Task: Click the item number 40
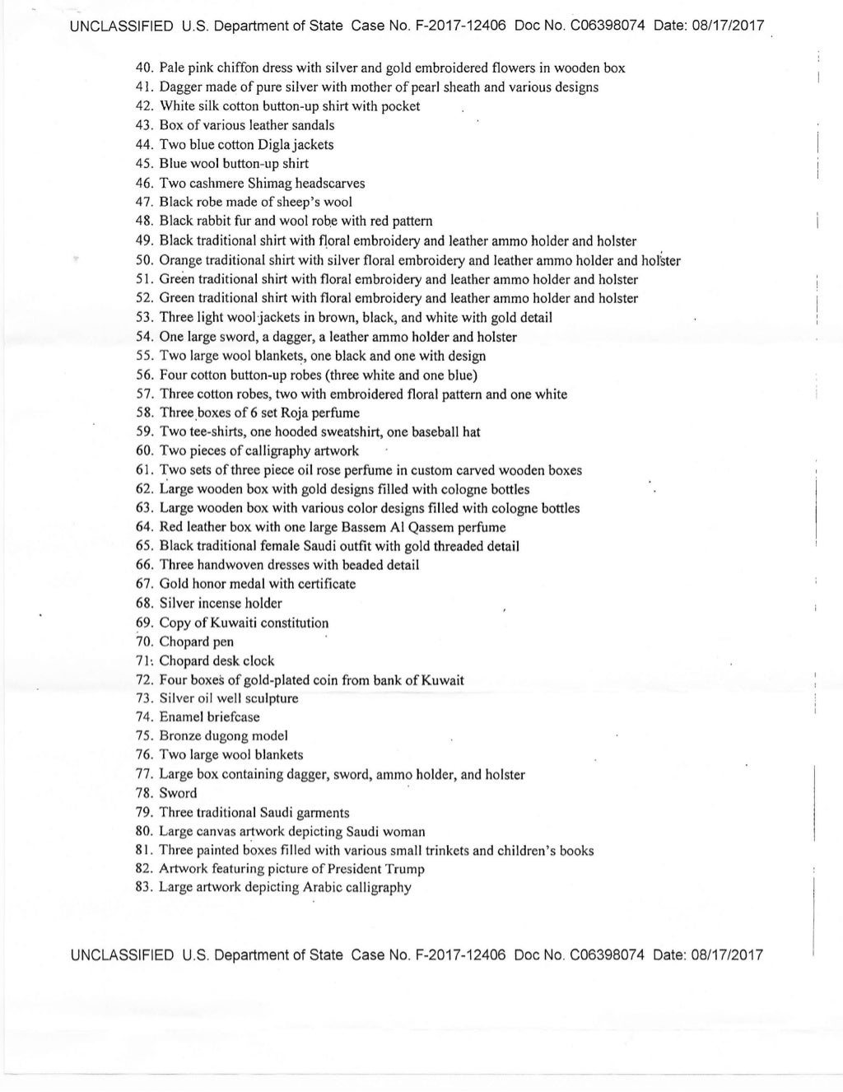pos(144,68)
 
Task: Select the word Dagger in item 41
pos(180,87)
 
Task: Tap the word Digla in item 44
pos(280,145)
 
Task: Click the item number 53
pos(144,318)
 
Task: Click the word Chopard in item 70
pos(184,642)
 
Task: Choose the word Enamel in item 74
pos(181,717)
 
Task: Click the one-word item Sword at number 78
pos(178,794)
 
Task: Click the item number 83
pos(144,889)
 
